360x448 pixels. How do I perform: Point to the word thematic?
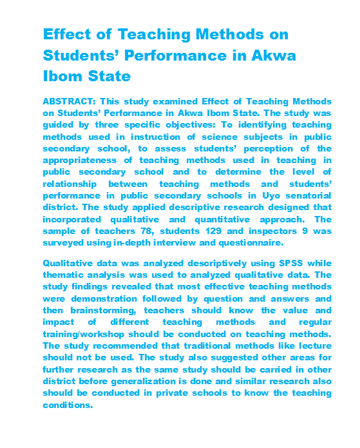[x=65, y=276]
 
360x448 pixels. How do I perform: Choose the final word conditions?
[x=68, y=405]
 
